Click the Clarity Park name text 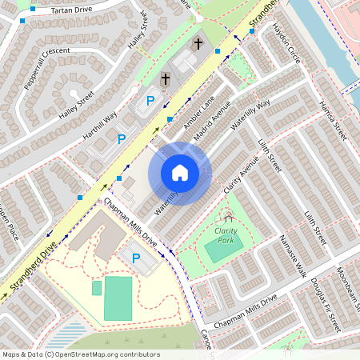coord(229,234)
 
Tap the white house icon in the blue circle coord(180,173)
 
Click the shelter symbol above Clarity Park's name coord(230,216)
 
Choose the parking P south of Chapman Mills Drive coord(136,258)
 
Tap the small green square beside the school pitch coord(97,288)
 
